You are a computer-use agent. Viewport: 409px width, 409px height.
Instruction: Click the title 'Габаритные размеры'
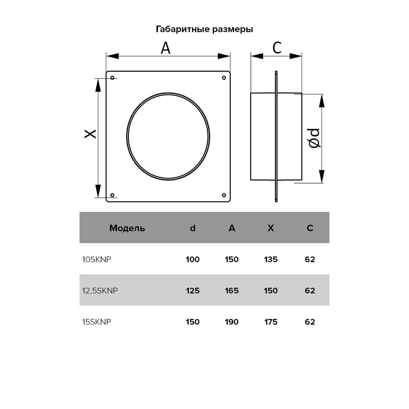(x=204, y=29)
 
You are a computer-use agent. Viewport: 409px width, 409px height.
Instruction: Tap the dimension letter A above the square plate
(x=165, y=48)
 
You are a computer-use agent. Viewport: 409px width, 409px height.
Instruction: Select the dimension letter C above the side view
(x=277, y=48)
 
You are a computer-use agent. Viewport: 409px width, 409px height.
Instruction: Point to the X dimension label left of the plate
(x=90, y=134)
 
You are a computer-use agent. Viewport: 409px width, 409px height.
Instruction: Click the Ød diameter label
(x=314, y=138)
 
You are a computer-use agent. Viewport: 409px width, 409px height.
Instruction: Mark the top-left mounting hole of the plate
(x=112, y=78)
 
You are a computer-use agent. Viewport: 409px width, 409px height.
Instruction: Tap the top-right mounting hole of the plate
(x=224, y=78)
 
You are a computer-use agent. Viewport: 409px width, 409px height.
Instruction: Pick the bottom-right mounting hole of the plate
(x=224, y=195)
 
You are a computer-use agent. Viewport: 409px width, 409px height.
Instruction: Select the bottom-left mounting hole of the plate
(x=112, y=195)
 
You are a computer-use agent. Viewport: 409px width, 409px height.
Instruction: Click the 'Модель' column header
(x=127, y=228)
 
